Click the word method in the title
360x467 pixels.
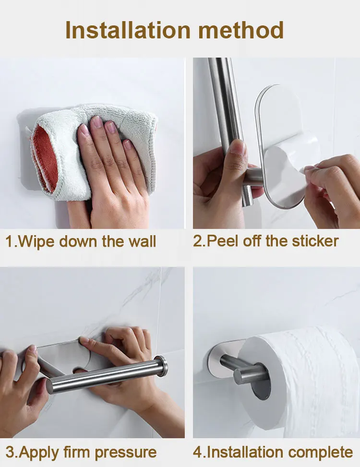point(241,30)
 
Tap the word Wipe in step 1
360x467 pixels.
point(37,241)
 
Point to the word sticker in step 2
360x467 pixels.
point(315,241)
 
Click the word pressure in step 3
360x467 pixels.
point(126,453)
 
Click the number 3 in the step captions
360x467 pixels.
point(10,452)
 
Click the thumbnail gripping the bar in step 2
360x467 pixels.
point(238,147)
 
